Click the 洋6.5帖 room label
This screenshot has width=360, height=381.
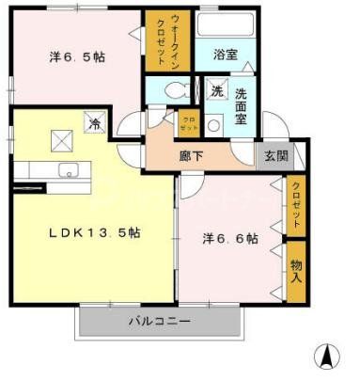(x=78, y=57)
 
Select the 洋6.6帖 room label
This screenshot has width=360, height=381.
(x=230, y=239)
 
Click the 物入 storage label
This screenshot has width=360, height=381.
(x=296, y=272)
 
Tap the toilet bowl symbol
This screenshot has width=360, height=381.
(x=173, y=91)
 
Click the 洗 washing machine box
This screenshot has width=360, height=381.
(x=217, y=92)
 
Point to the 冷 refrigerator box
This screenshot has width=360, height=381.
(x=95, y=123)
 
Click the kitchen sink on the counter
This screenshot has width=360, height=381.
(x=69, y=171)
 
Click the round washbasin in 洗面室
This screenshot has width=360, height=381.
(x=214, y=124)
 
